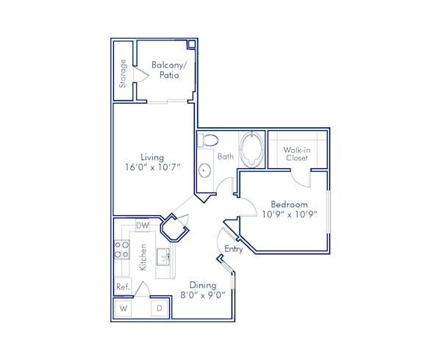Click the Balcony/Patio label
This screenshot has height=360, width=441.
169,70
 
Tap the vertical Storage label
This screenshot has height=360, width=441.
123,73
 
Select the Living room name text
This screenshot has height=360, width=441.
152,157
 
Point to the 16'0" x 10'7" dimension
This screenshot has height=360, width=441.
152,168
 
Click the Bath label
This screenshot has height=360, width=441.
225,156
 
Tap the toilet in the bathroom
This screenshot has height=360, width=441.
208,140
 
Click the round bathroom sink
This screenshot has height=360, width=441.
204,171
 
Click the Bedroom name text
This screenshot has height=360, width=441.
289,204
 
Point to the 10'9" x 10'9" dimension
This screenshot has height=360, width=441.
289,215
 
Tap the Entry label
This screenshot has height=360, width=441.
234,249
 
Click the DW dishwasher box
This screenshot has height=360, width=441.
143,226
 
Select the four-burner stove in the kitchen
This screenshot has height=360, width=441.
121,250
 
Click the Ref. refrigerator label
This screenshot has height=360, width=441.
122,286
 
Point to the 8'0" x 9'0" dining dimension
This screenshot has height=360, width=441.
202,295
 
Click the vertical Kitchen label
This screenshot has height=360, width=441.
144,257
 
